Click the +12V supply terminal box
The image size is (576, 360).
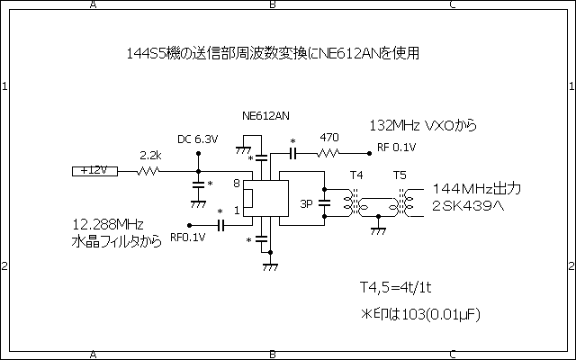[91, 170]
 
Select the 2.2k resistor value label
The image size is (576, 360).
[150, 156]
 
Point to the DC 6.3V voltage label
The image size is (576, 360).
[197, 139]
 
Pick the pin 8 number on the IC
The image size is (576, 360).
[237, 184]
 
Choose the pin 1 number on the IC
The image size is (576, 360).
[237, 211]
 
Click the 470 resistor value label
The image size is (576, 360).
[329, 138]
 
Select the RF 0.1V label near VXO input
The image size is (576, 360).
[397, 148]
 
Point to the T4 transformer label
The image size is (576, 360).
[356, 175]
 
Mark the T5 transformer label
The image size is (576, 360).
[400, 175]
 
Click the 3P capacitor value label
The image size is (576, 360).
[307, 203]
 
